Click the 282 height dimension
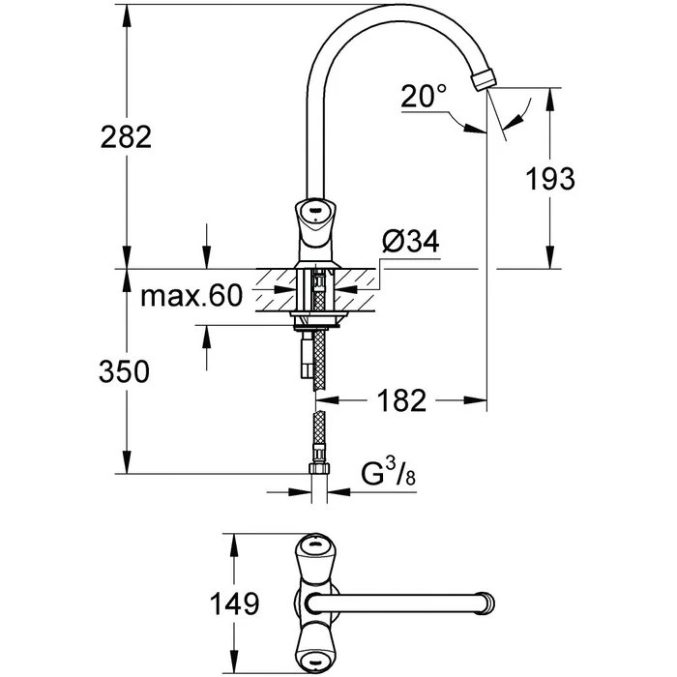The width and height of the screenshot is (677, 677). pyautogui.click(x=126, y=137)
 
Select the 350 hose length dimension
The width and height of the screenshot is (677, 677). pyautogui.click(x=125, y=371)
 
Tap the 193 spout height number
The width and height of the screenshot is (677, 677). pyautogui.click(x=550, y=178)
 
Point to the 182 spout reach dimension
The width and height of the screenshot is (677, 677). pyautogui.click(x=401, y=400)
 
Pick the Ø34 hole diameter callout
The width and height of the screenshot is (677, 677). pyautogui.click(x=411, y=241)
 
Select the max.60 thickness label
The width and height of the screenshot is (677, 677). pyautogui.click(x=191, y=296)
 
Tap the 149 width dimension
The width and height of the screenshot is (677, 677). pyautogui.click(x=234, y=603)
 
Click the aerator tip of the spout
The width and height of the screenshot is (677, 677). pyautogui.click(x=484, y=79)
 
